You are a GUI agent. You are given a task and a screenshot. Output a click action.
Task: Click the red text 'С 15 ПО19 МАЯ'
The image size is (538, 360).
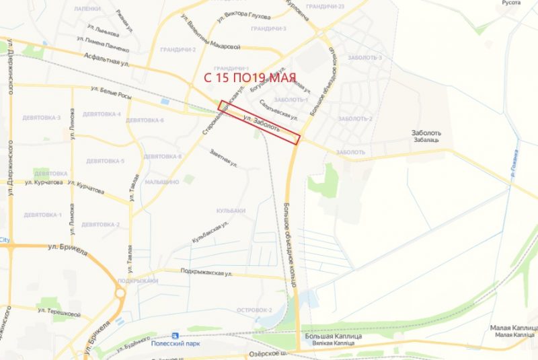click(249, 77)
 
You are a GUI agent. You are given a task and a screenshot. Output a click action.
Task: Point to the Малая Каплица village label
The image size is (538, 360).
click(513, 328)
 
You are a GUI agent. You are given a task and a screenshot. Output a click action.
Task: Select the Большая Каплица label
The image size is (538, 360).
click(334, 336)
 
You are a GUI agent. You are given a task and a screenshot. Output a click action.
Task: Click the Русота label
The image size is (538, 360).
click(512, 3)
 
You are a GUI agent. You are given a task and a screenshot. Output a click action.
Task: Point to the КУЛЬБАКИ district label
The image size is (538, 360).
click(231, 211)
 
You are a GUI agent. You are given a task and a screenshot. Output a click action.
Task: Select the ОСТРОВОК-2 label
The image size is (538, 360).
click(254, 310)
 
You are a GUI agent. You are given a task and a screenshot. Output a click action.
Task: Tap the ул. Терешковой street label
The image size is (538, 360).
click(59, 313)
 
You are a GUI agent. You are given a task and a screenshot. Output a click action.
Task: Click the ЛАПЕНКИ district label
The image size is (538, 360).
click(87, 9)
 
